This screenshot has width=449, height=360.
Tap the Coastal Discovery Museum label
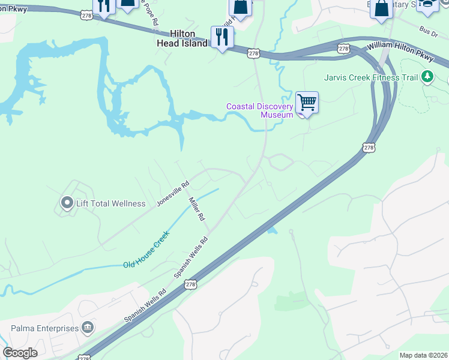coord(259,110)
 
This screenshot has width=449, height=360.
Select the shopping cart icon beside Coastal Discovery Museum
coord(307,103)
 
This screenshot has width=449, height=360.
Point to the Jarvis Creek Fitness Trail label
coord(370,77)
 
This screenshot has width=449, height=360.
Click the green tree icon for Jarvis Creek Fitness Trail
coord(427,76)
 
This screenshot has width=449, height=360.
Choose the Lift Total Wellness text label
coord(110,203)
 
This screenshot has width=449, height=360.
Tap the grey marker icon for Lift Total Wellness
coord(67,203)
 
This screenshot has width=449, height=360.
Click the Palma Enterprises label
coord(45,328)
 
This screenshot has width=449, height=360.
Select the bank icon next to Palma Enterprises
coord(88,328)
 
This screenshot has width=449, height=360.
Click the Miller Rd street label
coord(197,208)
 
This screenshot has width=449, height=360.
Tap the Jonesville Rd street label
coord(173,193)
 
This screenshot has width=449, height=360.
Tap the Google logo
coord(20,353)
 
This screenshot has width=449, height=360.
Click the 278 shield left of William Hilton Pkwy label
coord(343,48)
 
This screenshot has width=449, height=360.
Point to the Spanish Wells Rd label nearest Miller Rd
coord(191,256)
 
